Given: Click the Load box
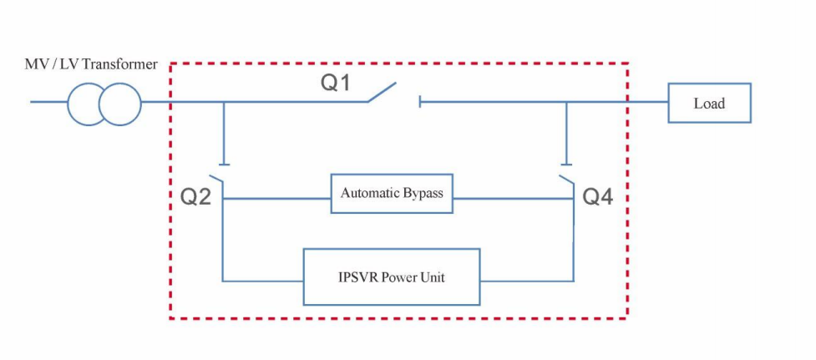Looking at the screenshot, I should pyautogui.click(x=709, y=104).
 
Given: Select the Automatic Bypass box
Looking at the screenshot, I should pyautogui.click(x=392, y=193).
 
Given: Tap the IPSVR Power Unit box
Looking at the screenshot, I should pyautogui.click(x=392, y=276).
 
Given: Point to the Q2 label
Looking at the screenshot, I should pyautogui.click(x=195, y=197).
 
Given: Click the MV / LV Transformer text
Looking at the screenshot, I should pyautogui.click(x=91, y=64).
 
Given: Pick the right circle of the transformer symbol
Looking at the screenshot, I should pyautogui.click(x=120, y=104).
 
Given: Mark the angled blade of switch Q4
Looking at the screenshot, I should pyautogui.click(x=567, y=181).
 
